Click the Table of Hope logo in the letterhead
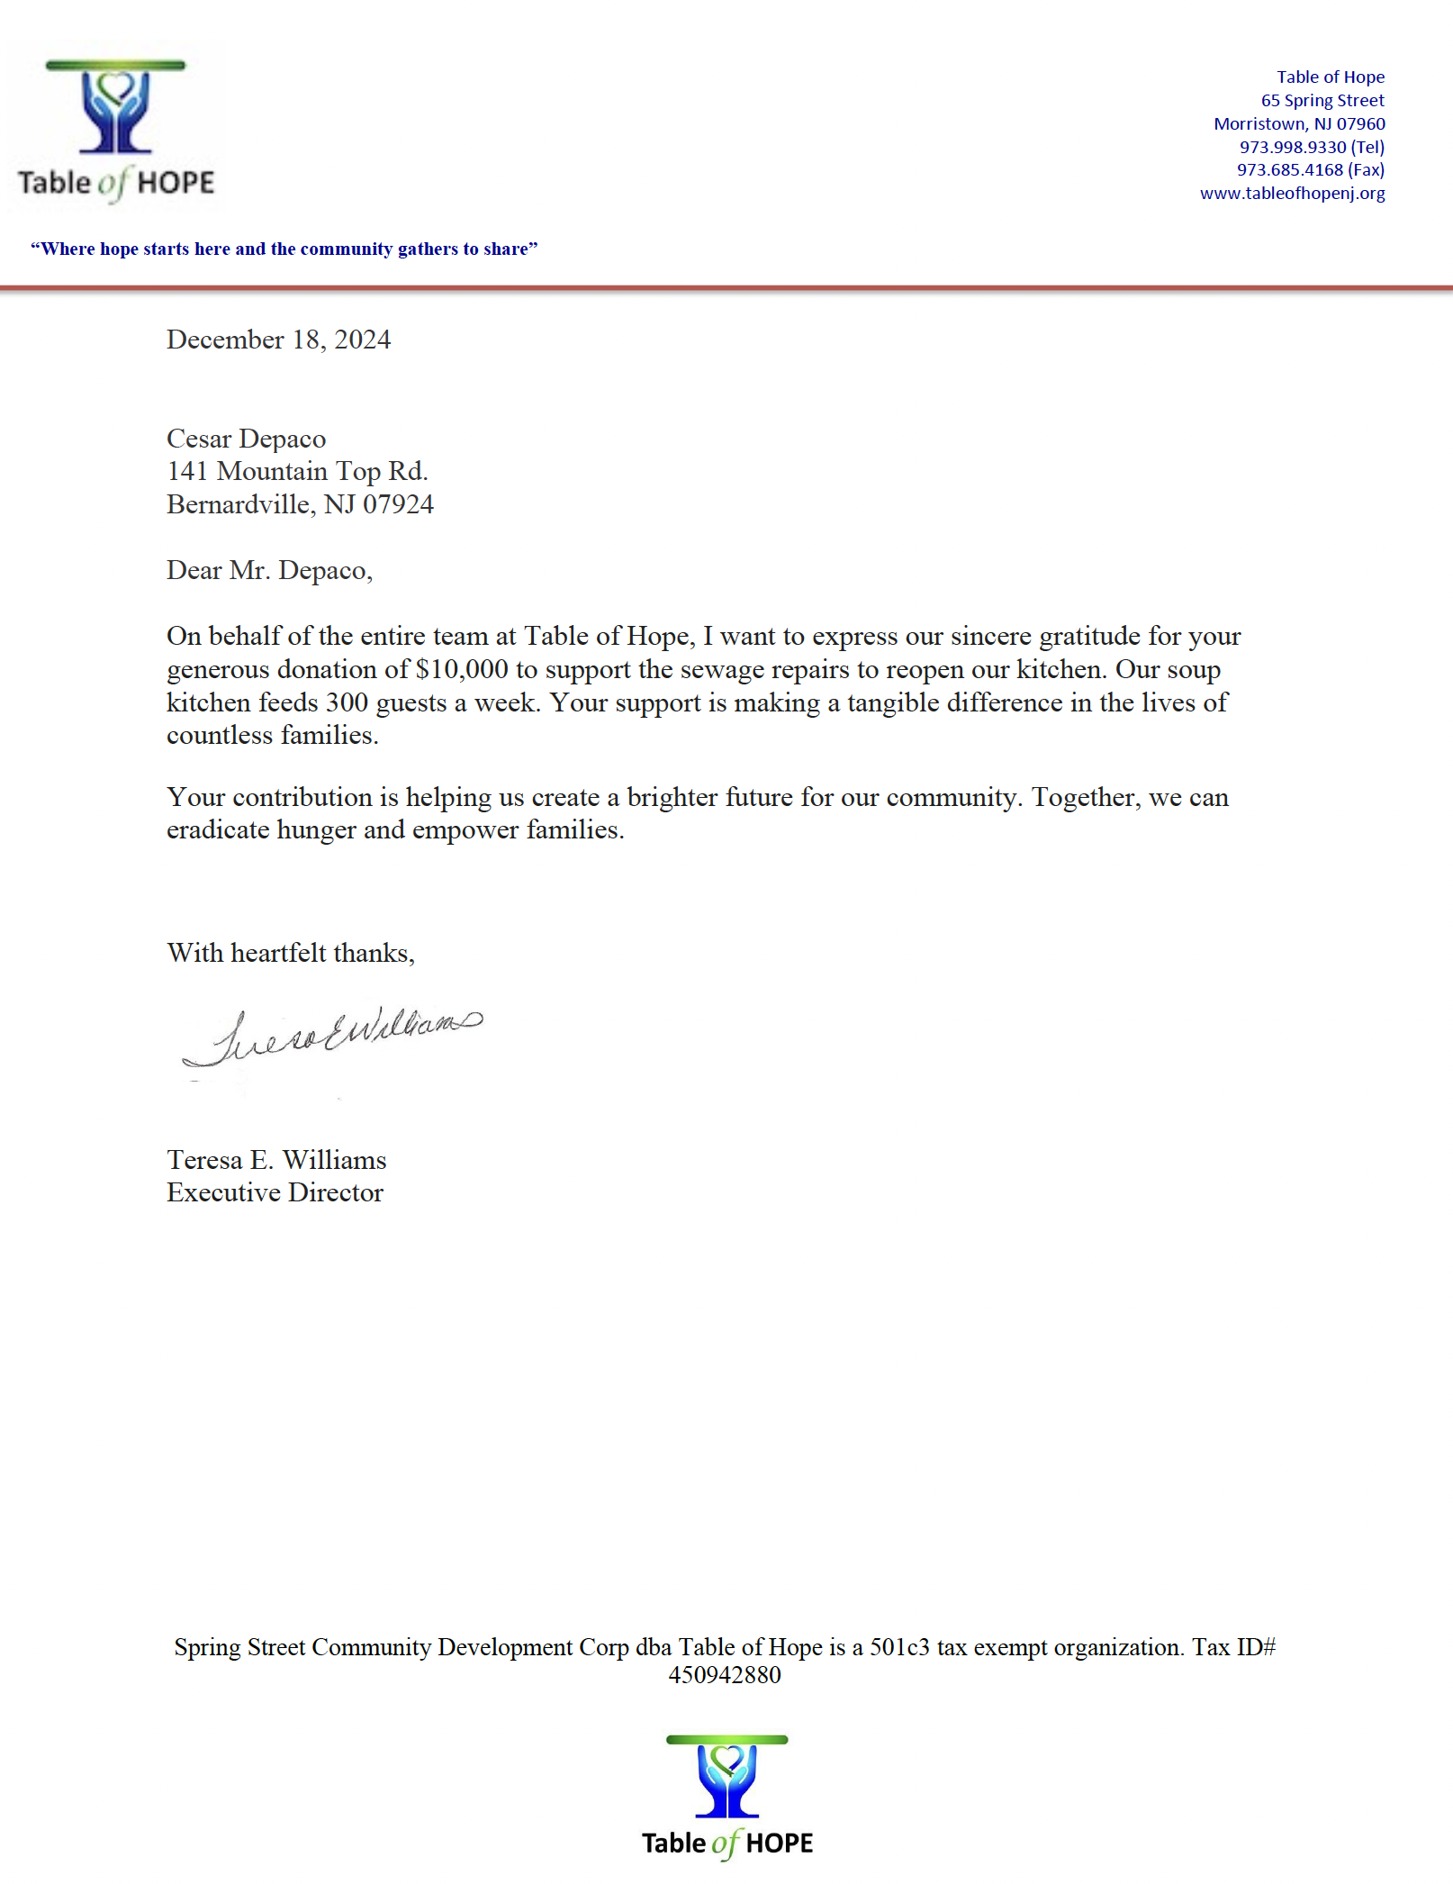click(116, 131)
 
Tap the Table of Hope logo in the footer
click(726, 1797)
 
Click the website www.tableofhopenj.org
click(1292, 194)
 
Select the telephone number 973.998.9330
click(1293, 147)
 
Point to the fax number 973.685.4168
click(1290, 170)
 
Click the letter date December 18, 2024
click(278, 340)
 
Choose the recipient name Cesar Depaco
click(246, 439)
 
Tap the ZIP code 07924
click(398, 504)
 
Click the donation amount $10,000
click(462, 669)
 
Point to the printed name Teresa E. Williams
click(276, 1160)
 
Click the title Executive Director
click(275, 1192)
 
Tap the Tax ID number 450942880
click(725, 1675)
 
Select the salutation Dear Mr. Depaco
click(269, 570)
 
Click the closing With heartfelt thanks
click(291, 953)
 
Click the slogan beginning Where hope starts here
click(284, 249)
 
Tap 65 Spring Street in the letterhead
click(1322, 101)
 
